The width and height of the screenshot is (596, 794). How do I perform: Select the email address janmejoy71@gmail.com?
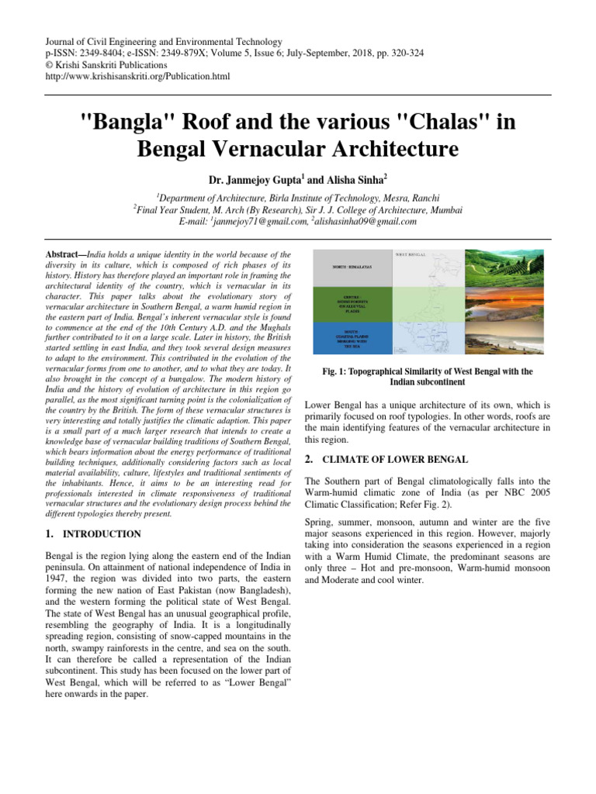point(265,221)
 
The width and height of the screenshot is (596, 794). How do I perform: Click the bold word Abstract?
point(59,254)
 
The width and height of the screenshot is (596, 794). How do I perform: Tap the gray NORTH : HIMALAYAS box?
point(348,267)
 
